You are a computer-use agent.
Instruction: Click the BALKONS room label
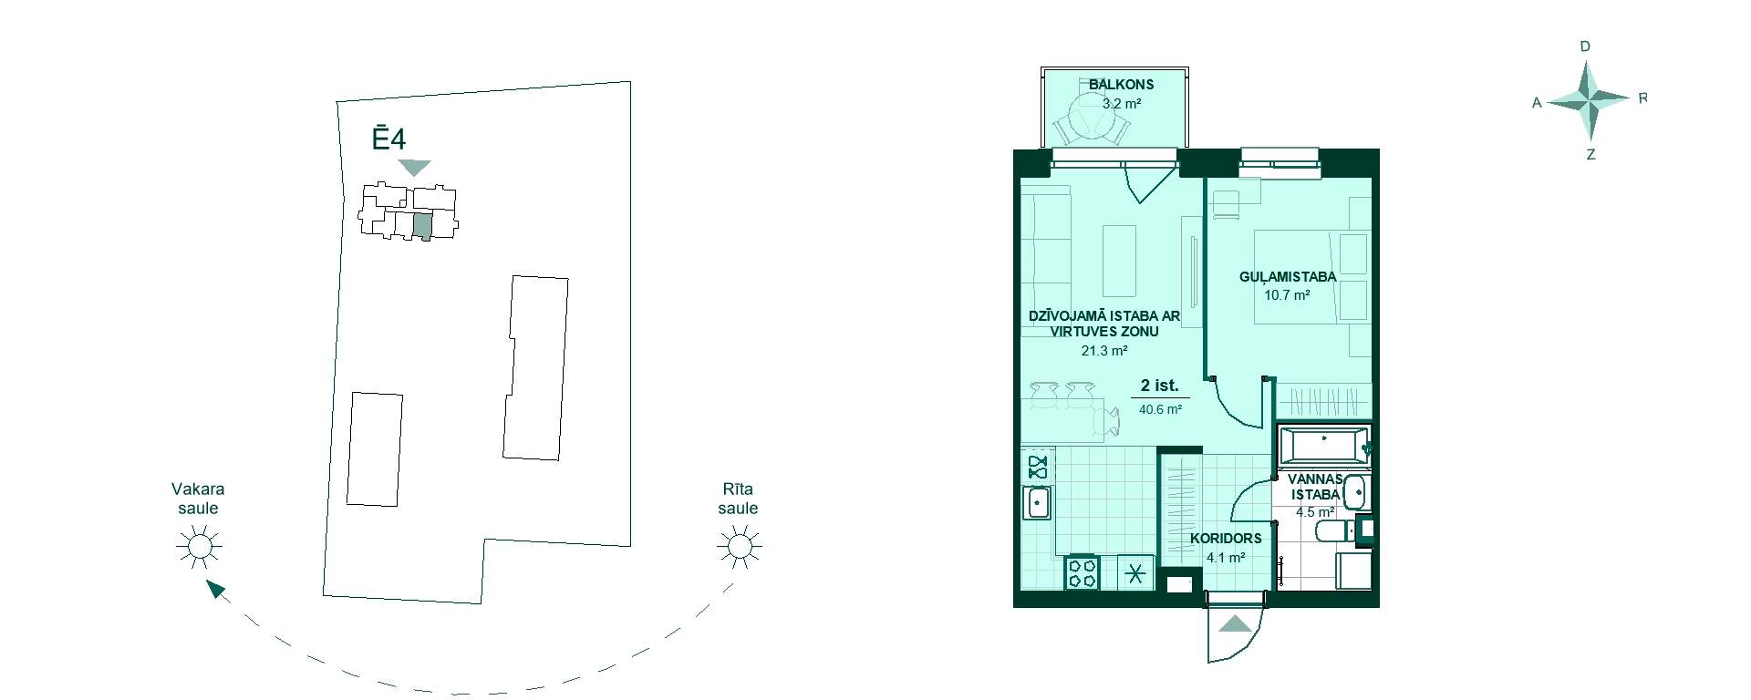point(1121,84)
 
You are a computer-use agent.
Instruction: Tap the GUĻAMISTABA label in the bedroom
point(1287,276)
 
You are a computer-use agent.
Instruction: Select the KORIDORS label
point(1226,538)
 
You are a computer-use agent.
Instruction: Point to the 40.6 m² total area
point(1160,409)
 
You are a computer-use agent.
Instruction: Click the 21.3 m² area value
point(1103,350)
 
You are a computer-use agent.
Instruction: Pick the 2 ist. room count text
point(1159,386)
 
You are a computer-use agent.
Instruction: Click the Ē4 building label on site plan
point(389,138)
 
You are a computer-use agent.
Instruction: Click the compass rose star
point(1588,99)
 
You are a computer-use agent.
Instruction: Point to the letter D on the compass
point(1585,46)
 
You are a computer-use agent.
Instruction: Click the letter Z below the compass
point(1590,155)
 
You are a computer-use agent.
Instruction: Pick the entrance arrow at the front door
point(1236,624)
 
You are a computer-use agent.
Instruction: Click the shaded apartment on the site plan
point(422,225)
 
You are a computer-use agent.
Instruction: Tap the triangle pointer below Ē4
point(414,168)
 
